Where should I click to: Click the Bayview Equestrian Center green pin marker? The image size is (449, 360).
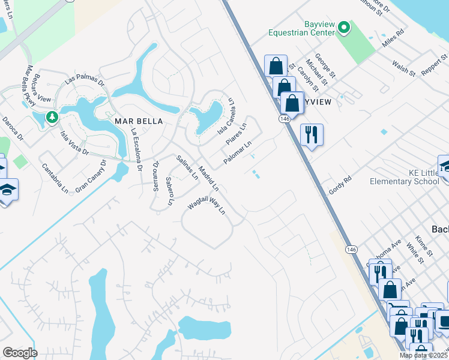pos(344,27)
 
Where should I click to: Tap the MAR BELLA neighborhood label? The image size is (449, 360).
pos(139,121)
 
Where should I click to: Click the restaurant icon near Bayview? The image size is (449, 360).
pos(312,134)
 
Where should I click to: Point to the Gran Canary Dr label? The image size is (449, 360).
pos(91,176)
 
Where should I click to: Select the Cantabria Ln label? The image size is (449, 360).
pos(55,177)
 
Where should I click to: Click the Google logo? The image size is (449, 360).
pos(20,352)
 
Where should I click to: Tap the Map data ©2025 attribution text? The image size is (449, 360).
pos(423,355)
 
